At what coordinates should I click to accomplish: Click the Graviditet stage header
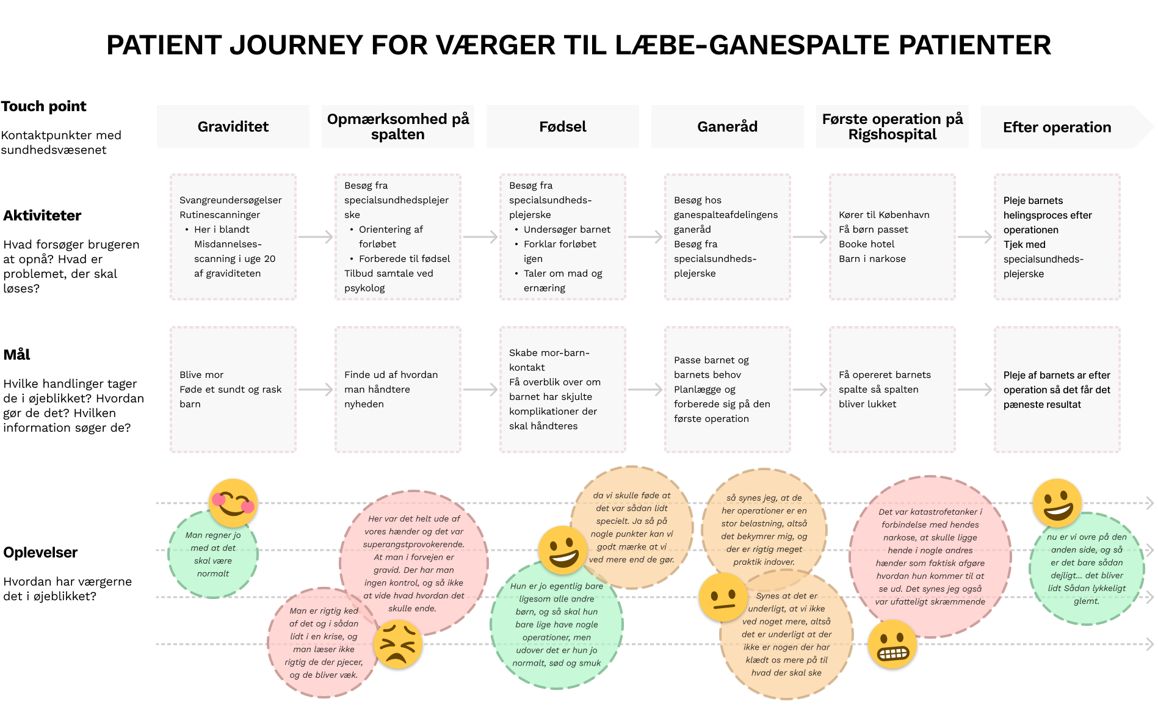pyautogui.click(x=233, y=126)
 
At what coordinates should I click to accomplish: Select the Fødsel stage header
pyautogui.click(x=562, y=126)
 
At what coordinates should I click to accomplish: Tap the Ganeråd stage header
pyautogui.click(x=727, y=126)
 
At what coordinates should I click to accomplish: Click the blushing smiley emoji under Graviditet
pyautogui.click(x=233, y=503)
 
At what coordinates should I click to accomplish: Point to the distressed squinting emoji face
pyautogui.click(x=397, y=645)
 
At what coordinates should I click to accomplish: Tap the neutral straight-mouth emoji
pyautogui.click(x=723, y=597)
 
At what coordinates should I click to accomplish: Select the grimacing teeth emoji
pyautogui.click(x=892, y=645)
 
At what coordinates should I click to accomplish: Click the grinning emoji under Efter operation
pyautogui.click(x=1057, y=503)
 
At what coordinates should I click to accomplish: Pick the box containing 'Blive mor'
pyautogui.click(x=233, y=389)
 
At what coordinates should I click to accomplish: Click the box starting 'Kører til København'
pyautogui.click(x=892, y=237)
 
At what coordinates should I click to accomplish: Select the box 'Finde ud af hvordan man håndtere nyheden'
pyautogui.click(x=397, y=389)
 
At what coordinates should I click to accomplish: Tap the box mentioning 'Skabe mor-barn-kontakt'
pyautogui.click(x=562, y=389)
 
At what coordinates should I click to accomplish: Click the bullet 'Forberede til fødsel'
pyautogui.click(x=404, y=258)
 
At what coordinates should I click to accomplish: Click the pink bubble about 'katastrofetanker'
pyautogui.click(x=930, y=556)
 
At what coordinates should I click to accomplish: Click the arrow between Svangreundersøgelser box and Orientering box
pyautogui.click(x=316, y=237)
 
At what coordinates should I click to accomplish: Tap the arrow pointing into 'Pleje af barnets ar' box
pyautogui.click(x=975, y=390)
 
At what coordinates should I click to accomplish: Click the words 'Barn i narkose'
pyautogui.click(x=872, y=258)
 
